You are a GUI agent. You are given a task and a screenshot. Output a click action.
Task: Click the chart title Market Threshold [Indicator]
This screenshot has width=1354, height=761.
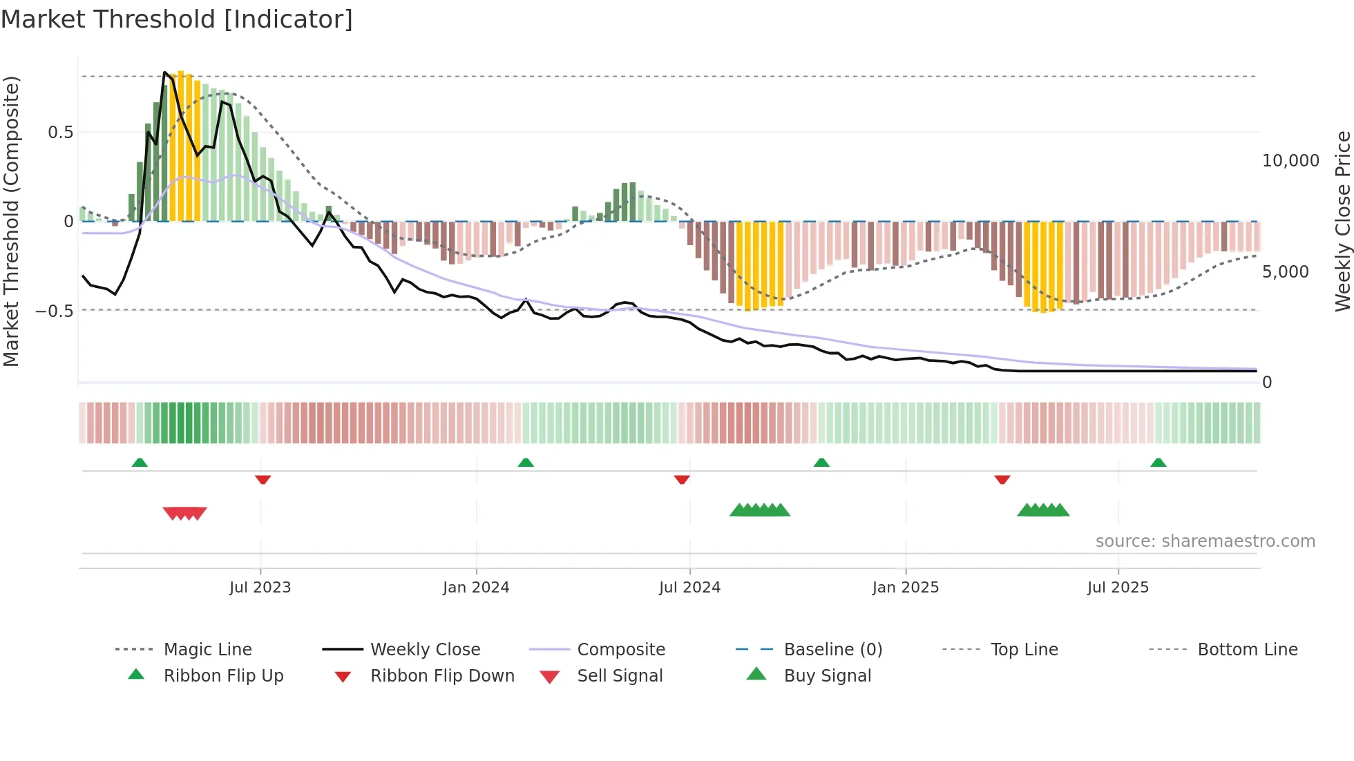point(177,19)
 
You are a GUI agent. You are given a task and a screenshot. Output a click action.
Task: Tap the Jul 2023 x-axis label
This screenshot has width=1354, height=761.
point(260,588)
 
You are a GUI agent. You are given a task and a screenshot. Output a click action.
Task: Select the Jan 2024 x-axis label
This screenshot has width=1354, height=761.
point(476,588)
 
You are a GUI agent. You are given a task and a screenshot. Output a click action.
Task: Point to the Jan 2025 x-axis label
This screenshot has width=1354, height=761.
point(905,588)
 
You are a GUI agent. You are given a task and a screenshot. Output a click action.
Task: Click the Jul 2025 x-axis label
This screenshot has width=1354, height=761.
point(1118,588)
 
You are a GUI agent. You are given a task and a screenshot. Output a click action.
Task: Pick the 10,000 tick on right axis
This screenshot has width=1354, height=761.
point(1290,161)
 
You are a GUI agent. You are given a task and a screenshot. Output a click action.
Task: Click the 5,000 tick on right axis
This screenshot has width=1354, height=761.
point(1285,272)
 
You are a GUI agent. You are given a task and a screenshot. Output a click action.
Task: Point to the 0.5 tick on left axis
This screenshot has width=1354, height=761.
point(60,133)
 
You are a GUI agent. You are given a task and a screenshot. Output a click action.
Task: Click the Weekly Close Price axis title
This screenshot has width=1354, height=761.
point(1342,221)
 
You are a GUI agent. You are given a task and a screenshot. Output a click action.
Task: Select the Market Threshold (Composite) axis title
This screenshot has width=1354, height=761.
point(11,221)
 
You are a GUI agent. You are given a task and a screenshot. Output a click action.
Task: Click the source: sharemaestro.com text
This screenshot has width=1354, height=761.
point(1205,541)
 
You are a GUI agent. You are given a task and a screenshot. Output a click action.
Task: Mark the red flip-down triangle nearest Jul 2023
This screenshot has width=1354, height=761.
point(263,479)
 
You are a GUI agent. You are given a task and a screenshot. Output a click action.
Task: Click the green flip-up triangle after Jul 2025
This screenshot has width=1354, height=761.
point(1158,463)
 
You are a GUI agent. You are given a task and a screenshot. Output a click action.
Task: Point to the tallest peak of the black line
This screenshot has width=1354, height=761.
point(164,72)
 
